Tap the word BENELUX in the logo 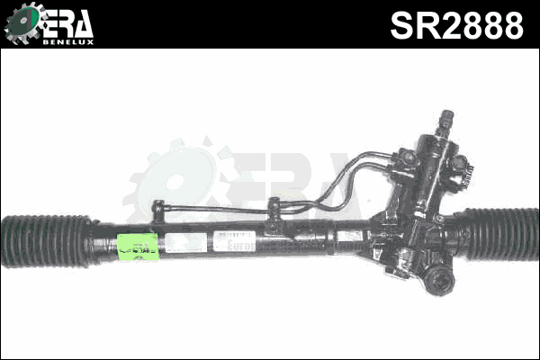coord(67,40)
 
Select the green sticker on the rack coord(139,246)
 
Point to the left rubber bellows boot coord(45,240)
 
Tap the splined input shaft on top coord(446,121)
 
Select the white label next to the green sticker coord(184,243)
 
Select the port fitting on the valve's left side coord(406,159)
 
